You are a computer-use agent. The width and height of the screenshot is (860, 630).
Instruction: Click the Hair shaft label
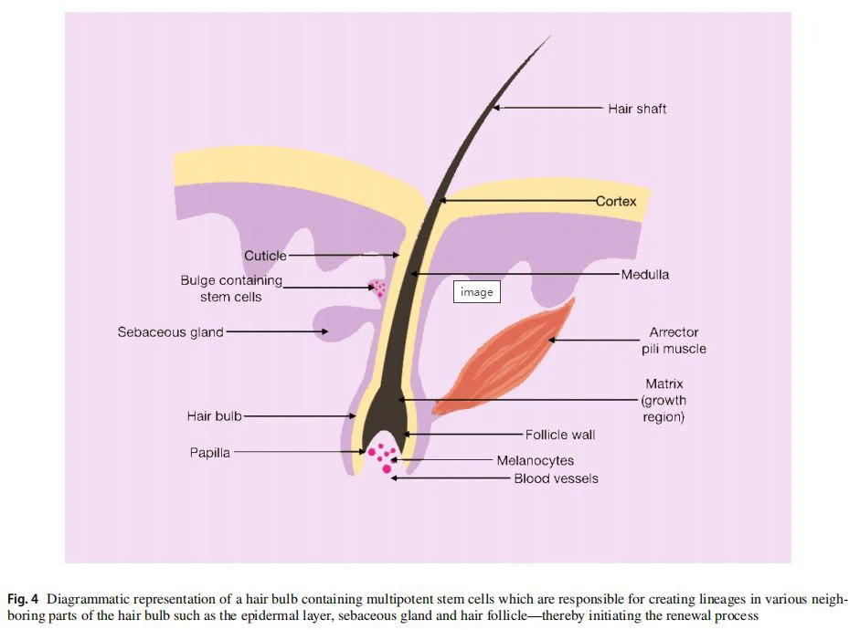point(637,109)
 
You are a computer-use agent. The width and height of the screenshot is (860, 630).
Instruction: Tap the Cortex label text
point(616,201)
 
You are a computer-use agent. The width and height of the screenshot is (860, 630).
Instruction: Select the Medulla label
point(645,274)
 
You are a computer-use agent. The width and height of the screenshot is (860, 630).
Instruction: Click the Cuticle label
point(265,256)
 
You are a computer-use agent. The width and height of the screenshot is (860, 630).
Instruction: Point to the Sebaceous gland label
point(170,332)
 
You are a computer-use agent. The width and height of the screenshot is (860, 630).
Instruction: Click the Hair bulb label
point(215,416)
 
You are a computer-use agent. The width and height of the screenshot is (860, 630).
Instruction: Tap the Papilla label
point(209,452)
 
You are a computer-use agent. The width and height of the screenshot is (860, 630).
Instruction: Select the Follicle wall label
point(560,435)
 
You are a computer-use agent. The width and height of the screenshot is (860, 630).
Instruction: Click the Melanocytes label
point(536,461)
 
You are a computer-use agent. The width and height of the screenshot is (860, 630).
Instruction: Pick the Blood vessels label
point(556,478)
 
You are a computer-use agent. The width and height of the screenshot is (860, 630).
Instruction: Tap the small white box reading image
point(476,292)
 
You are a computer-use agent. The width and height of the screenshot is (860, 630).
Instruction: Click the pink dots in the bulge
point(377,289)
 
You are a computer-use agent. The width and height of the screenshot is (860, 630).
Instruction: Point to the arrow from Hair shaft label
point(548,109)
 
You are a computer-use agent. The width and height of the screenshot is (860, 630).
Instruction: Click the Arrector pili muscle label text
point(677,341)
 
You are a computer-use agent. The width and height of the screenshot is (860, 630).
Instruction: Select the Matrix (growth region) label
point(664,401)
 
